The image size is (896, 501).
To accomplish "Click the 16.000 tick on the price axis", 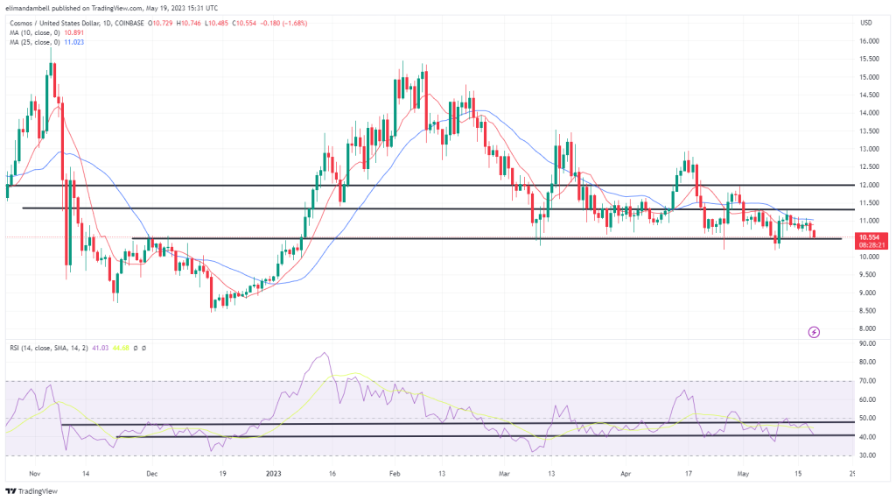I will [x=869, y=40].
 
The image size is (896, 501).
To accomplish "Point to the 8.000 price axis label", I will [x=869, y=328].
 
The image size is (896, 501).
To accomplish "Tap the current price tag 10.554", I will [x=869, y=236].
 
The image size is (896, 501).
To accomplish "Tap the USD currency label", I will [x=867, y=22].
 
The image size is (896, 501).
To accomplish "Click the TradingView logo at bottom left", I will [x=35, y=490].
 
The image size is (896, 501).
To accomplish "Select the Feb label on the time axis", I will [x=394, y=475].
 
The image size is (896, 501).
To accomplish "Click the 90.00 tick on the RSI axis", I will [x=869, y=344].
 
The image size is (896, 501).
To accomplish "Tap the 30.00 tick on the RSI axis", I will [x=869, y=455].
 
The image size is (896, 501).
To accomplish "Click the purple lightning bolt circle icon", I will [x=814, y=332].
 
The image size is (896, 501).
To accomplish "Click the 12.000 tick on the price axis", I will [x=869, y=185].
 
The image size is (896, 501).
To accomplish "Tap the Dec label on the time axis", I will [x=151, y=475].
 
